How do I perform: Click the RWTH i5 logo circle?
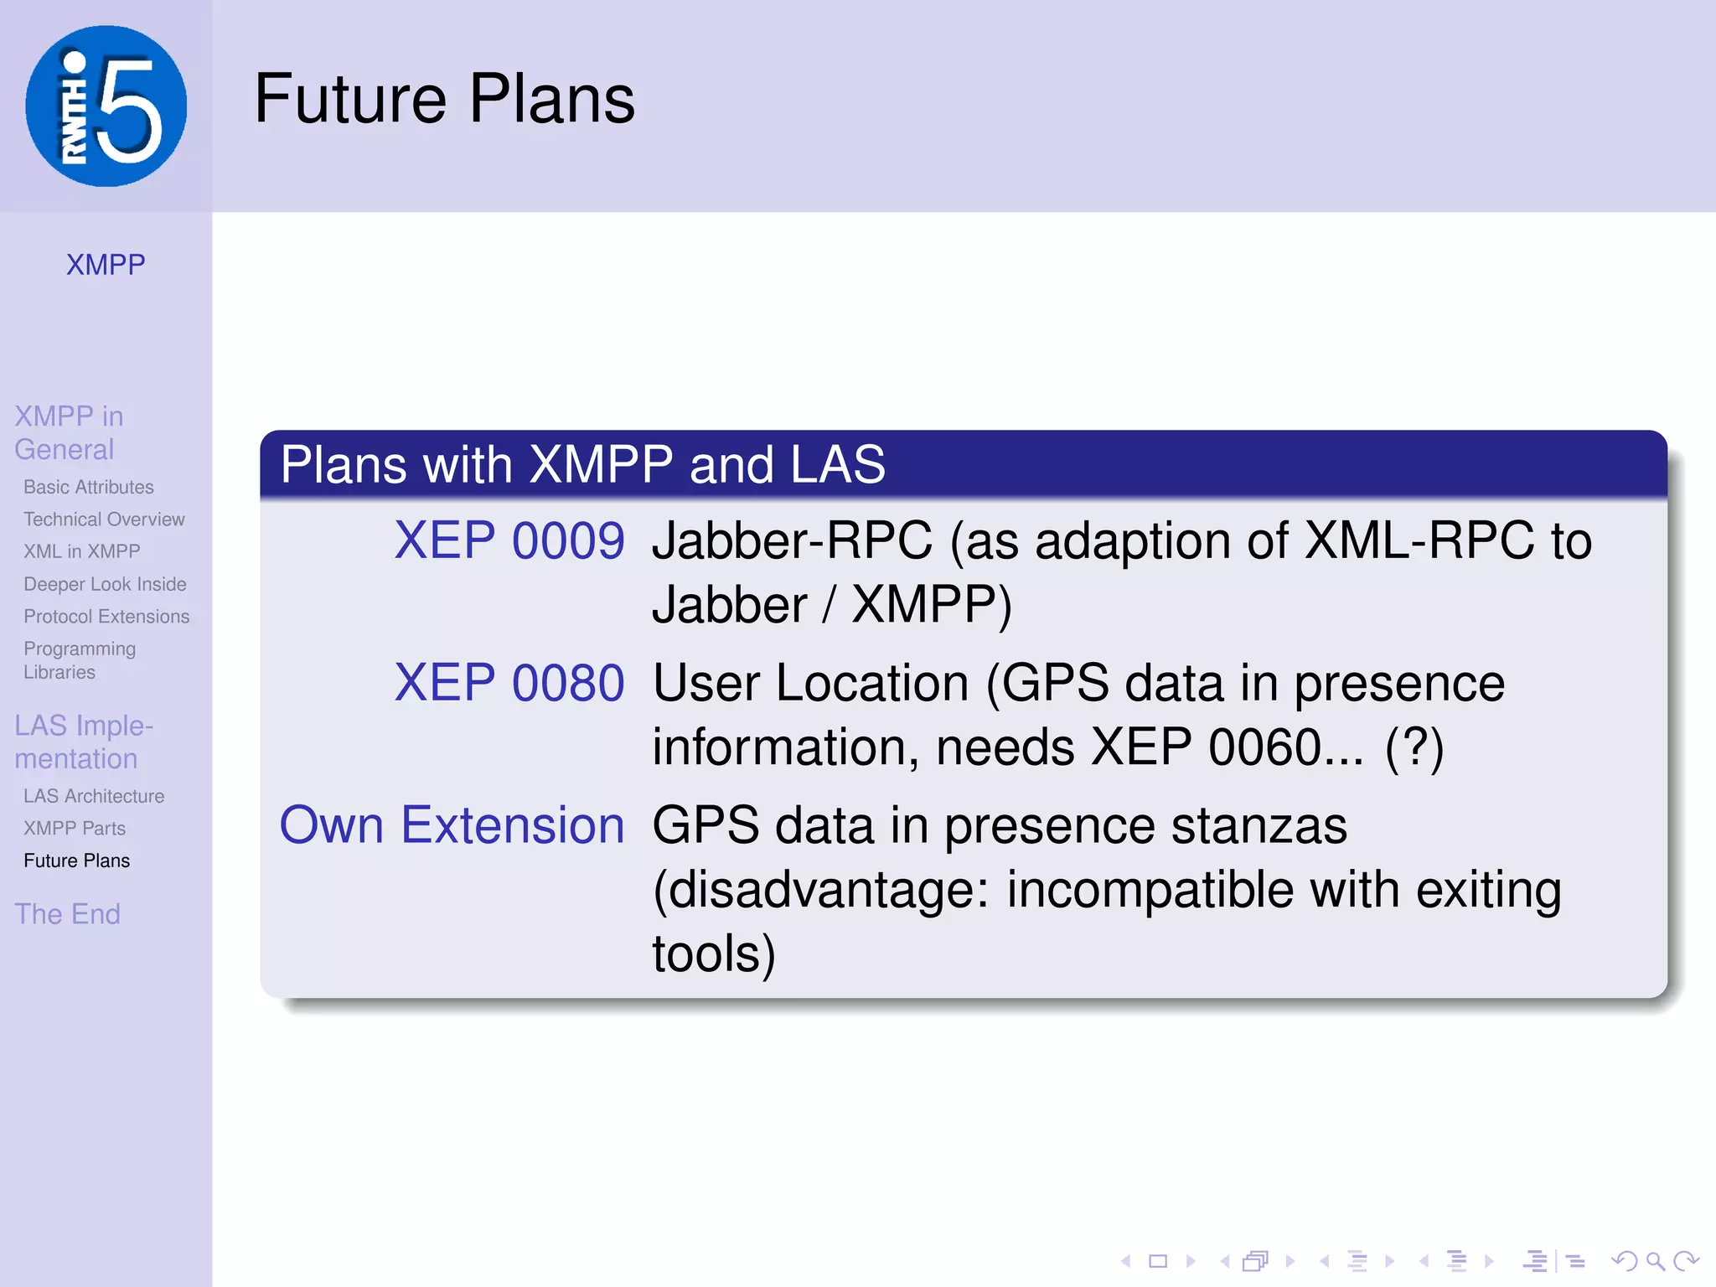click(106, 106)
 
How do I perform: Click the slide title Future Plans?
click(444, 99)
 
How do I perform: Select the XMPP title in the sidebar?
click(106, 265)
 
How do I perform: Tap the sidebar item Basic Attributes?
click(89, 487)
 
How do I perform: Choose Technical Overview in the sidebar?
click(104, 519)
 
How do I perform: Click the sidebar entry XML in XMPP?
click(82, 551)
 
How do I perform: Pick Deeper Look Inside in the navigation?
click(105, 584)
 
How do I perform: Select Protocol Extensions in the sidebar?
click(106, 617)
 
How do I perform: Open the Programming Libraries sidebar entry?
click(80, 660)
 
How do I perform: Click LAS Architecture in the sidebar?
click(94, 796)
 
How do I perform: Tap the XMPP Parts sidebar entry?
click(75, 829)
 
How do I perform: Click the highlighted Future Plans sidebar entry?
click(77, 861)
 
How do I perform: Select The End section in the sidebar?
click(67, 914)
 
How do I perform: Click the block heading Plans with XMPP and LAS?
click(582, 464)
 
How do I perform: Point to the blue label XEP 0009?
click(509, 540)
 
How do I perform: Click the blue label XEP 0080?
click(509, 683)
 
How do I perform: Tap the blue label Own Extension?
click(452, 825)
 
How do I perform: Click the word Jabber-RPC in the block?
click(792, 540)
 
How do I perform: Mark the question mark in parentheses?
click(1414, 747)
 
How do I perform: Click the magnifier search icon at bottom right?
click(1654, 1260)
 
